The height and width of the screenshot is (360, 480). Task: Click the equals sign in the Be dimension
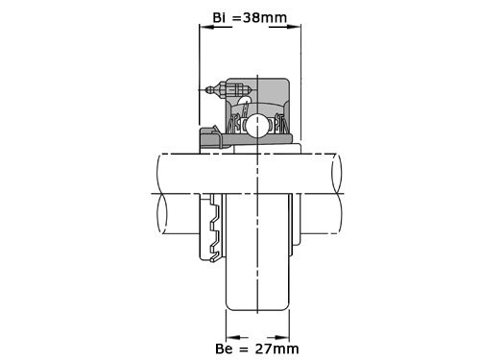pos(247,348)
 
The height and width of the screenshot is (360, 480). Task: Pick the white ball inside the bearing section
pos(257,125)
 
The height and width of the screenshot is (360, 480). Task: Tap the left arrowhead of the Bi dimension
pos(203,27)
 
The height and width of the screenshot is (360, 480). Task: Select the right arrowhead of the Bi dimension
pos(296,27)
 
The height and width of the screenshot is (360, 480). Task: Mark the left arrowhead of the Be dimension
pos(228,337)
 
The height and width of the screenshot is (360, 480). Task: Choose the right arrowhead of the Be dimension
pos(286,337)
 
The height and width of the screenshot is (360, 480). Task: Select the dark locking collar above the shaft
pos(210,141)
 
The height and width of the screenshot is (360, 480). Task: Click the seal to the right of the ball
pos(279,126)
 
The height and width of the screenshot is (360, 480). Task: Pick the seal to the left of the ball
pos(235,126)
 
